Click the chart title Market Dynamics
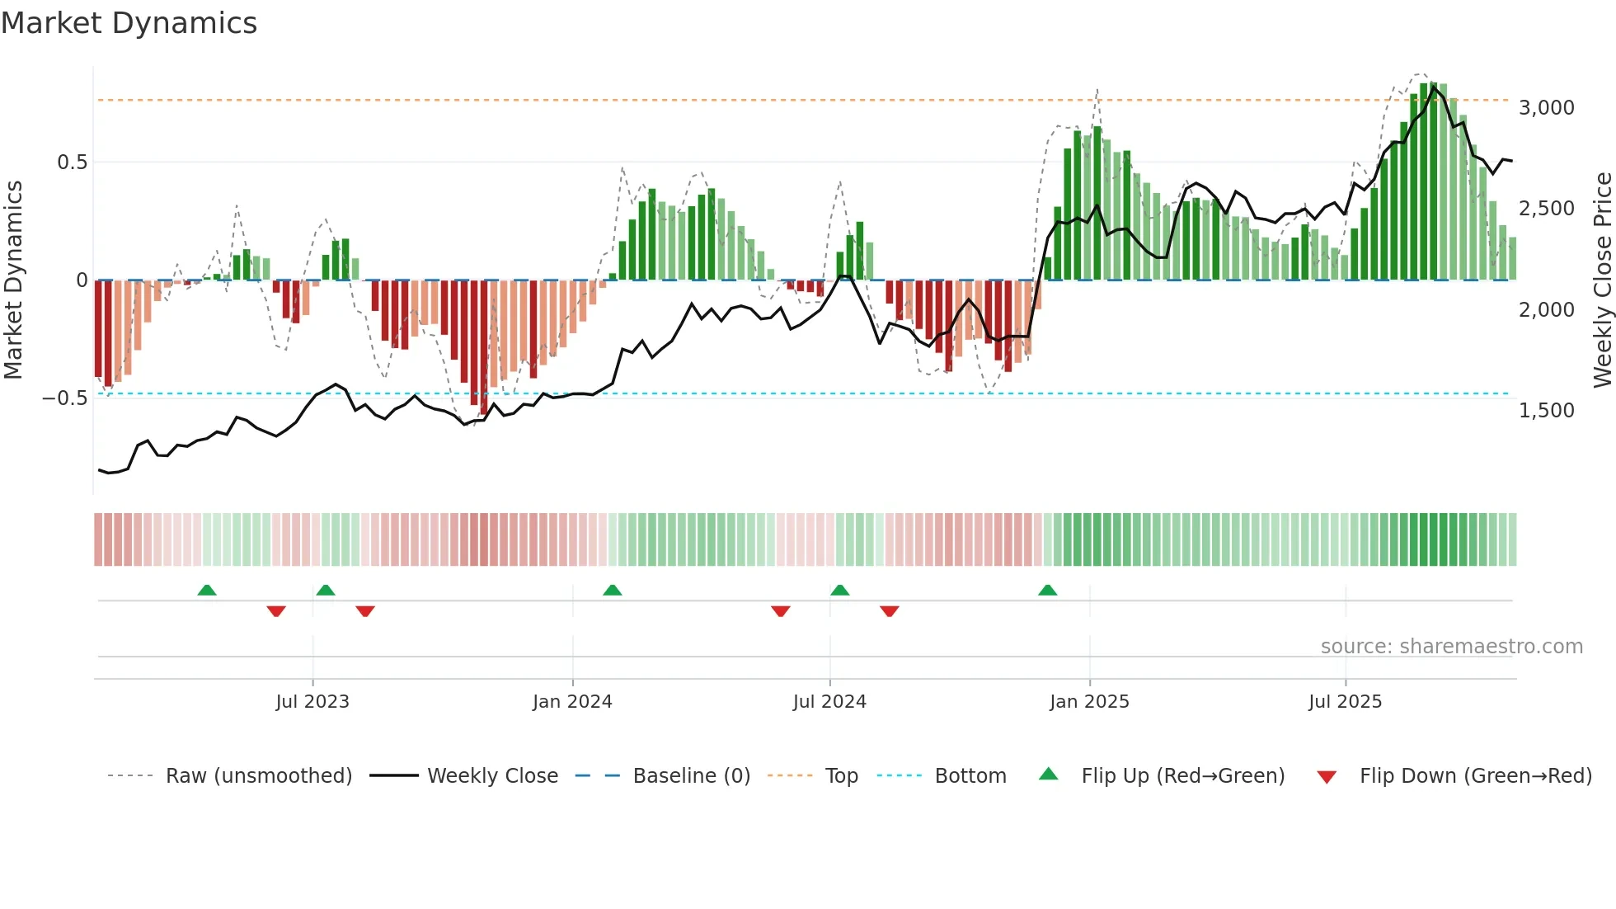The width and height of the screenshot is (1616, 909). (x=129, y=23)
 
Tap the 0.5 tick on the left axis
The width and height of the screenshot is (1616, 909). (x=72, y=162)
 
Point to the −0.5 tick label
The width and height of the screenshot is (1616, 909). (x=65, y=398)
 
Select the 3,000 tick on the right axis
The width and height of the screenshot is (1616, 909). (x=1546, y=108)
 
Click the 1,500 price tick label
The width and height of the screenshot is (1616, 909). (x=1546, y=411)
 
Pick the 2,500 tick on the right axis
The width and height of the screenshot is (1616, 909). (x=1546, y=209)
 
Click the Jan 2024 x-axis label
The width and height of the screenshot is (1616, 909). (x=572, y=702)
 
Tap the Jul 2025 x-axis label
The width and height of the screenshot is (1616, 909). (x=1345, y=702)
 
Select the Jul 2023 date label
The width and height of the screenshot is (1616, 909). (x=312, y=702)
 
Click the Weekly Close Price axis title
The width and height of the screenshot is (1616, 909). (x=1602, y=280)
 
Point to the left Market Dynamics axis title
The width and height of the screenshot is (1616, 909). (x=13, y=280)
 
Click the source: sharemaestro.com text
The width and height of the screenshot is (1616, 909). (x=1451, y=647)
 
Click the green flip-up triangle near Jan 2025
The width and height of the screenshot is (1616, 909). (x=1047, y=591)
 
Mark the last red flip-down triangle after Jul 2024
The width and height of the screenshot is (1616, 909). (x=889, y=611)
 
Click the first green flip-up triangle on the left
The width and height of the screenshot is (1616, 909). (x=207, y=591)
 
